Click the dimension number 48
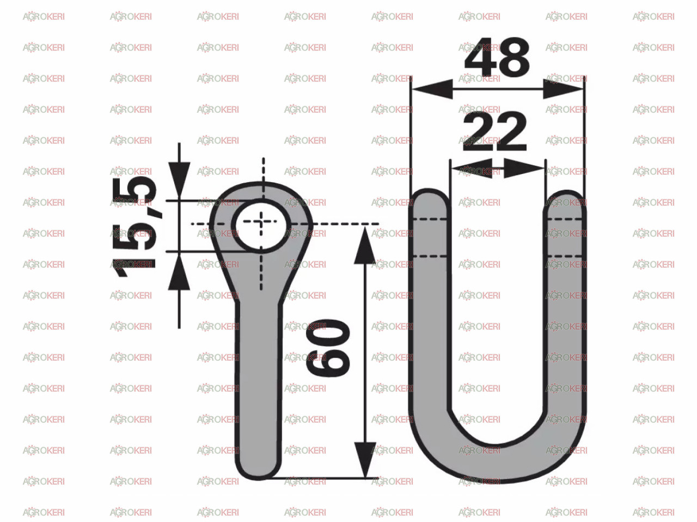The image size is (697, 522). pos(497,57)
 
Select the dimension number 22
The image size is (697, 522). pos(495,131)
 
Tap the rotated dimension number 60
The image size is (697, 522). pos(328,347)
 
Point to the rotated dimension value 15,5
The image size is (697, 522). pos(134,227)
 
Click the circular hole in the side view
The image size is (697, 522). pos(261,226)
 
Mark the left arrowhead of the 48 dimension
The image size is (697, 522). pos(432,89)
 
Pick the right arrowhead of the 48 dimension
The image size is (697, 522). pos(563,89)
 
